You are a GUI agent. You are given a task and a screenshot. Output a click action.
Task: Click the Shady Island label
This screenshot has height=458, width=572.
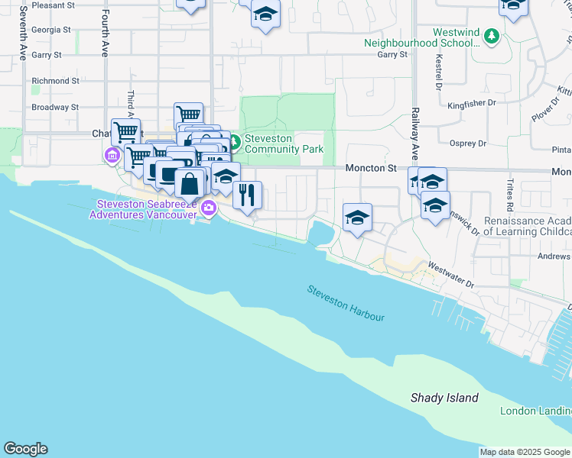coord(444,398)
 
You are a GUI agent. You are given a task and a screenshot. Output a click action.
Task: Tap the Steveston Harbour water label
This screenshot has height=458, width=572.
coord(346,303)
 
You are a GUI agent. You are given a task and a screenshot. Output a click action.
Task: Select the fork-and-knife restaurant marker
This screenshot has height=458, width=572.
coord(246,195)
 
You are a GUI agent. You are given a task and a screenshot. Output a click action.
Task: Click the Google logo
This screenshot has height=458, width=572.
coord(25,449)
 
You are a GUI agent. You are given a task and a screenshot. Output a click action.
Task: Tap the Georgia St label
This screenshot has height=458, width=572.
coord(51,30)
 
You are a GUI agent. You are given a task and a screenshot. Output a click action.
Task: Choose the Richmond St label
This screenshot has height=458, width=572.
coord(55,80)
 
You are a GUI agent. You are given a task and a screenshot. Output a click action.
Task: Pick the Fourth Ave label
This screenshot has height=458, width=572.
coord(104,34)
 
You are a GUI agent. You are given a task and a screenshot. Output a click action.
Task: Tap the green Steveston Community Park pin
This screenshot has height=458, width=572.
coord(235,142)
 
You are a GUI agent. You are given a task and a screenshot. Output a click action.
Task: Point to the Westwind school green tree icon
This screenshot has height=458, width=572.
coord(492,36)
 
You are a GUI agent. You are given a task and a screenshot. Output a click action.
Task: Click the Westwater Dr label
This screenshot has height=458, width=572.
coord(452,277)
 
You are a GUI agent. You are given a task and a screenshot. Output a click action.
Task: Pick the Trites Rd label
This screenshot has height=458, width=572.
coord(508,196)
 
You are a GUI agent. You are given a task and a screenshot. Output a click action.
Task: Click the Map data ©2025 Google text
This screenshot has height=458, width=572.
coord(525,452)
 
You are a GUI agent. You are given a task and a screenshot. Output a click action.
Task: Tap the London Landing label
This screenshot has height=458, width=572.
coord(535,411)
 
